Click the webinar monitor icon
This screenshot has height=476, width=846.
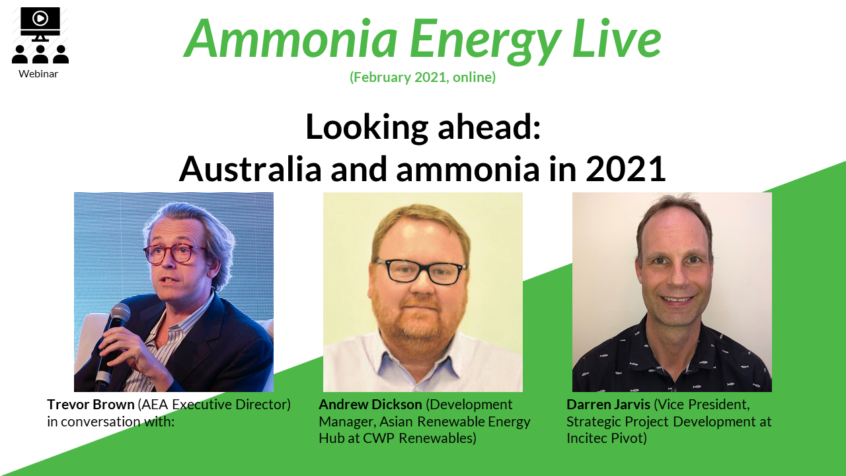[40, 24]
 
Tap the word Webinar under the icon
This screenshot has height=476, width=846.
[38, 73]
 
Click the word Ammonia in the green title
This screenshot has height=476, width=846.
[290, 38]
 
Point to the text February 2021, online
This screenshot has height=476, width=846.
[422, 77]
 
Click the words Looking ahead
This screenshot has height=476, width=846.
[422, 127]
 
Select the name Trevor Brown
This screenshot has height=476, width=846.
[91, 404]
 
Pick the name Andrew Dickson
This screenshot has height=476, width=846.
[370, 404]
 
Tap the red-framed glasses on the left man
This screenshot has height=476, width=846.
[174, 254]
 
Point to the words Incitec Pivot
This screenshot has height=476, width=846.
[605, 438]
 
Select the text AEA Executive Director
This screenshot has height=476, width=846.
[214, 404]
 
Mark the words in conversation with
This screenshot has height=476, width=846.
[110, 421]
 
